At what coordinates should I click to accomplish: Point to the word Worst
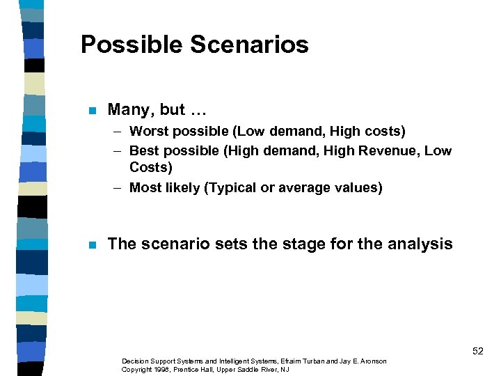148,131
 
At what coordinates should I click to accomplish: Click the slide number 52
477,352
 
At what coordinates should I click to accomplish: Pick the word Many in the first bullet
131,110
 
